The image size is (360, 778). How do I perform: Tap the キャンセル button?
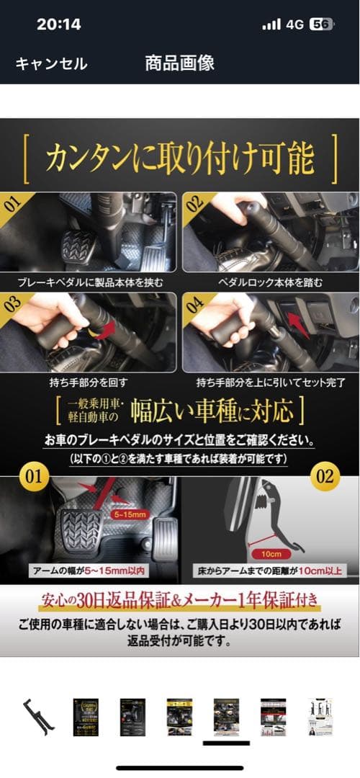(x=51, y=63)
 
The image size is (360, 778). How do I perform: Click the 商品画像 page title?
(x=180, y=63)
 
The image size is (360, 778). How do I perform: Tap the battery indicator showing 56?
(x=320, y=24)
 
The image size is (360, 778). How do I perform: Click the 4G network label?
(x=294, y=24)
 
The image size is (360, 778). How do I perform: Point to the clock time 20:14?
(x=60, y=24)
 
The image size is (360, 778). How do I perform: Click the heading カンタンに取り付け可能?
(x=180, y=159)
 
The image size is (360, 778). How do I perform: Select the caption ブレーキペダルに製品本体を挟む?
(x=91, y=282)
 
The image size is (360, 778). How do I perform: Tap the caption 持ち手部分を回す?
(x=90, y=381)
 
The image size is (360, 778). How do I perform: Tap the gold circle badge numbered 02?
(x=325, y=476)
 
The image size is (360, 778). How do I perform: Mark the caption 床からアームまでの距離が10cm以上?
(x=271, y=571)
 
